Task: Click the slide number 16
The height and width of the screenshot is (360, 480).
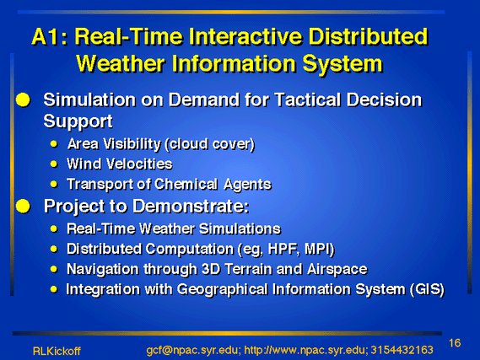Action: pyautogui.click(x=455, y=343)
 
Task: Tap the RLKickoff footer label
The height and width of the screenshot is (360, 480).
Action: pyautogui.click(x=57, y=351)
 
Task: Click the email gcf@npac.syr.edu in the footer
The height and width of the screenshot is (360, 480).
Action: pyautogui.click(x=192, y=350)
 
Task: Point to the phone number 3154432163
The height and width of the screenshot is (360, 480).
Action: pyautogui.click(x=402, y=350)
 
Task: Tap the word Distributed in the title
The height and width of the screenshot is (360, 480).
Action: pyautogui.click(x=368, y=37)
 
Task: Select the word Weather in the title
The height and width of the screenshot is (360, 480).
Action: pyautogui.click(x=121, y=63)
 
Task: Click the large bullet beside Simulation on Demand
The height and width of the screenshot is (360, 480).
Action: pyautogui.click(x=23, y=100)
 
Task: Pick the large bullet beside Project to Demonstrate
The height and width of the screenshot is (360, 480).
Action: pyautogui.click(x=23, y=207)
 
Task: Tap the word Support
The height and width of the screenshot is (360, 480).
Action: pyautogui.click(x=78, y=121)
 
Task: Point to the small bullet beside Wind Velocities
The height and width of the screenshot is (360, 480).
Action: pyautogui.click(x=54, y=164)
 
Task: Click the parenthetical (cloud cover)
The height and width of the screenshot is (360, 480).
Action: pyautogui.click(x=210, y=144)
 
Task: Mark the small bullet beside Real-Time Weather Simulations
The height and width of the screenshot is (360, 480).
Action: pyautogui.click(x=54, y=228)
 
